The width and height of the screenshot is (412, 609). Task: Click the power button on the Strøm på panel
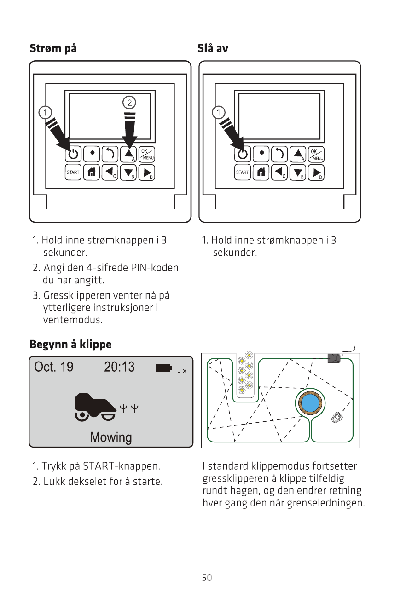pyautogui.click(x=73, y=154)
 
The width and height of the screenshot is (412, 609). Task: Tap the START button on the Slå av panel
pyautogui.click(x=243, y=172)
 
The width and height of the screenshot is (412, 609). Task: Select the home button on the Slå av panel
pyautogui.click(x=261, y=172)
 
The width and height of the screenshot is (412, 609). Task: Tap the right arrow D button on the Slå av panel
pyautogui.click(x=316, y=172)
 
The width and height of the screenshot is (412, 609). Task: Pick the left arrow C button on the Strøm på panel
pyautogui.click(x=110, y=172)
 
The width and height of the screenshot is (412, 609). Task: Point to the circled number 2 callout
pyautogui.click(x=129, y=103)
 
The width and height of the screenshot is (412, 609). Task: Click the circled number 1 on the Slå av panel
pyautogui.click(x=219, y=113)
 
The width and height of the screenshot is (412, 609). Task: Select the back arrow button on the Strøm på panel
pyautogui.click(x=110, y=154)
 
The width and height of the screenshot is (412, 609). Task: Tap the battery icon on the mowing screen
pyautogui.click(x=163, y=368)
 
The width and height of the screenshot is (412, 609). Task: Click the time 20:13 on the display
pyautogui.click(x=119, y=367)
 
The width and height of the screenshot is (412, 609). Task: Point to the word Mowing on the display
pyautogui.click(x=111, y=437)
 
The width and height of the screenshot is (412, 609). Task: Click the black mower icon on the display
pyautogui.click(x=95, y=407)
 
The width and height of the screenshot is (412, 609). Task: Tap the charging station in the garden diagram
pyautogui.click(x=334, y=358)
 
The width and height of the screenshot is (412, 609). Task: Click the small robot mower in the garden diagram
pyautogui.click(x=337, y=417)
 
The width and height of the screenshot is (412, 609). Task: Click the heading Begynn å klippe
pyautogui.click(x=71, y=345)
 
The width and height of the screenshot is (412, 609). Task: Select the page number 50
pyautogui.click(x=207, y=577)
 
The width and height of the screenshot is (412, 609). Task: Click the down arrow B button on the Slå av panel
pyautogui.click(x=298, y=172)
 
